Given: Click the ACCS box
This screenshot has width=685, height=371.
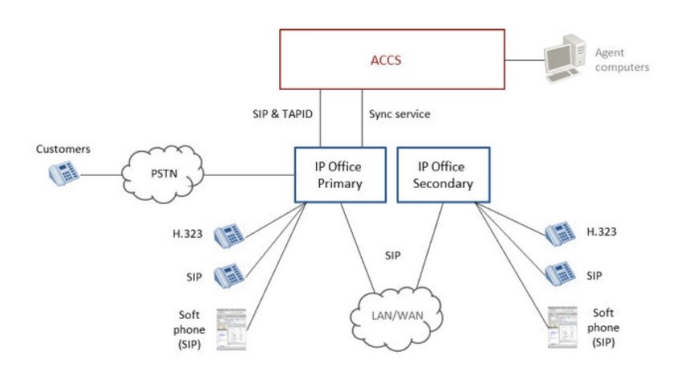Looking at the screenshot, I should click(392, 59).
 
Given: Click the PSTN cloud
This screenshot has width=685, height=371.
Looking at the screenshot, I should click(164, 173).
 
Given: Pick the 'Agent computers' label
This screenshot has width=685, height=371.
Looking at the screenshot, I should click(622, 60).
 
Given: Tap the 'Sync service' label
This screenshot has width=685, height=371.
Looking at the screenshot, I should click(399, 114).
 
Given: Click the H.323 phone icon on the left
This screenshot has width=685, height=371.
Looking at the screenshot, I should click(229, 235).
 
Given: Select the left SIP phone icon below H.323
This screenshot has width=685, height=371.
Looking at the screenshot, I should click(229, 275).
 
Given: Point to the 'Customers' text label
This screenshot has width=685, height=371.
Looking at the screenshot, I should click(63, 149).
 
